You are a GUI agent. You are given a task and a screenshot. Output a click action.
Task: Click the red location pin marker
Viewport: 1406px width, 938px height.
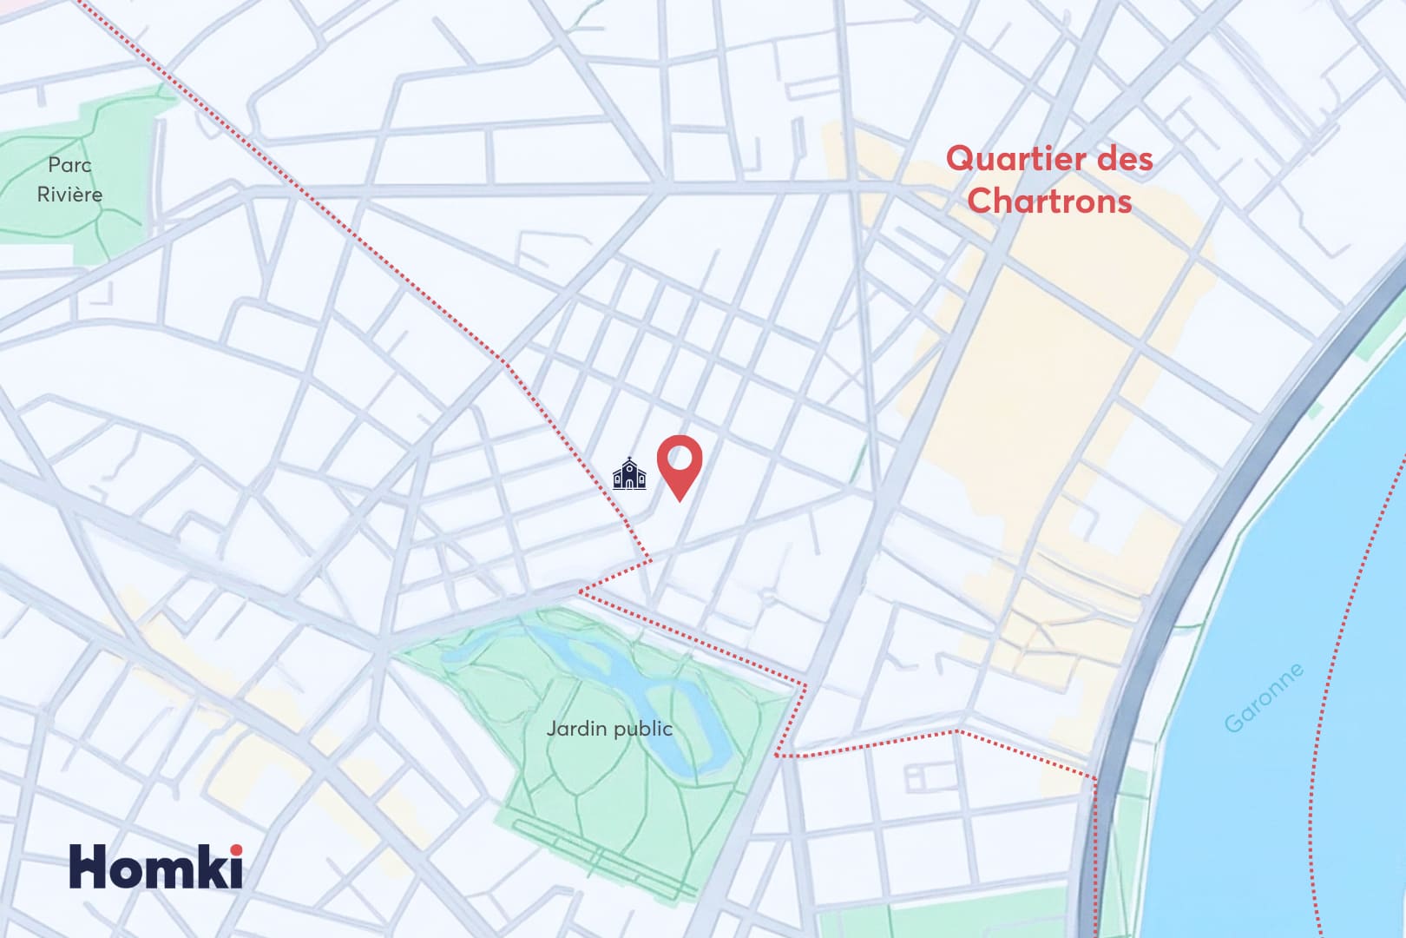[x=679, y=465]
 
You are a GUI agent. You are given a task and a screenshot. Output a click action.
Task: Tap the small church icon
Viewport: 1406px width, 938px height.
[x=629, y=474]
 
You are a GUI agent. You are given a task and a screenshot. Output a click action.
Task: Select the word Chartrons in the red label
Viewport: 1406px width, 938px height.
[x=1049, y=201]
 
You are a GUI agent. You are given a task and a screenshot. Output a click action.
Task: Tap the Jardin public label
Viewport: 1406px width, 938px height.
[x=609, y=729]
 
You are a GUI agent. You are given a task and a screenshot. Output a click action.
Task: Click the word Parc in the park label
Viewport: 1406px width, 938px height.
[x=69, y=165]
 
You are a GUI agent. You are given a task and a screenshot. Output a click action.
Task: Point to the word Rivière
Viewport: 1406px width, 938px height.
[x=69, y=195]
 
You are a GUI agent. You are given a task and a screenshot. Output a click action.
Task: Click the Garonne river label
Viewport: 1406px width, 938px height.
[x=1264, y=697]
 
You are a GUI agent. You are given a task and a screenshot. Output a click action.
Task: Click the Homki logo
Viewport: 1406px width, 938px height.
[x=156, y=866]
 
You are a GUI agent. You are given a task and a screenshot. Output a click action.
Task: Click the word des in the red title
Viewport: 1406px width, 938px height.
[x=1124, y=160]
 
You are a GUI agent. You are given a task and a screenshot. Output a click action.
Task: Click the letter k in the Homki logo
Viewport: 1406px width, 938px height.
[x=212, y=866]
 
